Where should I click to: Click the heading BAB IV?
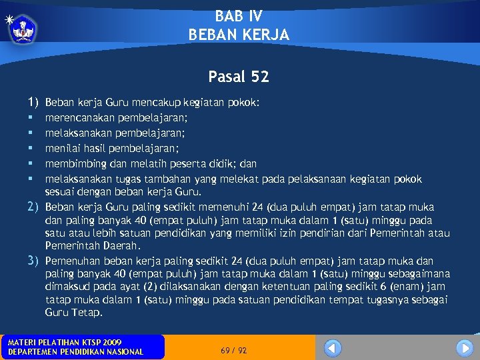pyautogui.click(x=239, y=17)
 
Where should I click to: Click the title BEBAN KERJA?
pyautogui.click(x=239, y=35)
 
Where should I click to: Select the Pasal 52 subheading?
pyautogui.click(x=239, y=77)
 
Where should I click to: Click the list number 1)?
pyautogui.click(x=33, y=103)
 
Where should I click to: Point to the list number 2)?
pyautogui.click(x=33, y=206)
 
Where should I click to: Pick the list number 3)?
pyautogui.click(x=33, y=261)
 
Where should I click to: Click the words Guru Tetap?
pyautogui.click(x=74, y=312)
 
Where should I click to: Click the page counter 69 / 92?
pyautogui.click(x=233, y=350)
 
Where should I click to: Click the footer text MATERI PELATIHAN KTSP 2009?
pyautogui.click(x=65, y=342)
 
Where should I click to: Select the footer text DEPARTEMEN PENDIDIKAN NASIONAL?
pyautogui.click(x=75, y=351)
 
